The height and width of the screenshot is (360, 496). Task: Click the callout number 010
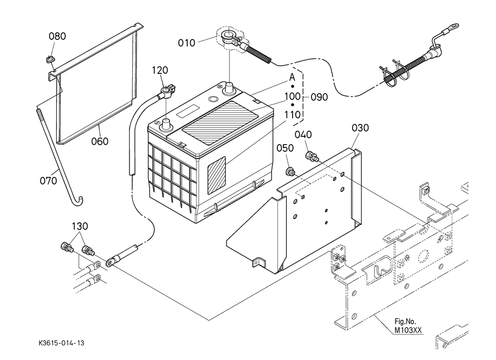(x=187, y=43)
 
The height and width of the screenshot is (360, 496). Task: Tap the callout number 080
(x=57, y=37)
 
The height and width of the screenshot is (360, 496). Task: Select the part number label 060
(x=99, y=141)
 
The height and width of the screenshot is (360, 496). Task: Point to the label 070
(x=49, y=181)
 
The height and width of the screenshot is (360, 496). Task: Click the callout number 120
(x=160, y=70)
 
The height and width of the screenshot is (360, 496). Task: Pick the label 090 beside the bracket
(x=319, y=97)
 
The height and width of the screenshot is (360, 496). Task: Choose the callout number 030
(x=361, y=128)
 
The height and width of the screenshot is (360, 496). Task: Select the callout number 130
(x=79, y=226)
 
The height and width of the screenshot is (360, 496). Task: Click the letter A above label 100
(x=293, y=77)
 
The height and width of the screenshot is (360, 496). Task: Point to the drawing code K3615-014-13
(x=61, y=343)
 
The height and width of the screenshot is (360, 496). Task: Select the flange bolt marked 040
(x=312, y=157)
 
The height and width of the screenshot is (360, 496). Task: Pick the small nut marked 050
(x=290, y=172)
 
